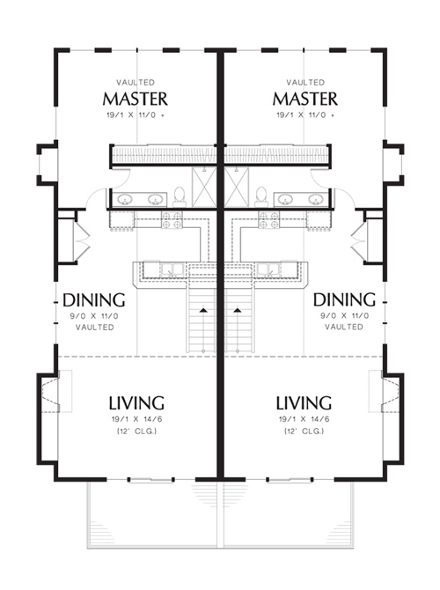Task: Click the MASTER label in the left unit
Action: coord(135,99)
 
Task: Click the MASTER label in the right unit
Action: coord(305,99)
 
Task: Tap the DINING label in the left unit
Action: coord(94,300)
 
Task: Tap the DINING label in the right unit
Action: coord(344,299)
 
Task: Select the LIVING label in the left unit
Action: coord(136,402)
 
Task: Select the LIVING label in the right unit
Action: coord(304,402)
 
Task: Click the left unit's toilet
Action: coord(180,196)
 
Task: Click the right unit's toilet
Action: coord(261,196)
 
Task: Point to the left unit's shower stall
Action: coord(204,188)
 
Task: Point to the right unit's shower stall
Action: coord(237,188)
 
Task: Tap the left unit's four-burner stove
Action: coord(172,220)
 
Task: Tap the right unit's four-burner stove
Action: coord(269,220)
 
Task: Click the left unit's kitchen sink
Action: coord(172,269)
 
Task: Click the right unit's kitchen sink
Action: coord(268,269)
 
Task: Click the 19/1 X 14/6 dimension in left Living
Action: coord(136,419)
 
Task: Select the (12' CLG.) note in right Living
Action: coord(304,431)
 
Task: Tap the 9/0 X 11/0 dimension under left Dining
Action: coord(94,316)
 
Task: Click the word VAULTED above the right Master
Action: coord(305,82)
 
